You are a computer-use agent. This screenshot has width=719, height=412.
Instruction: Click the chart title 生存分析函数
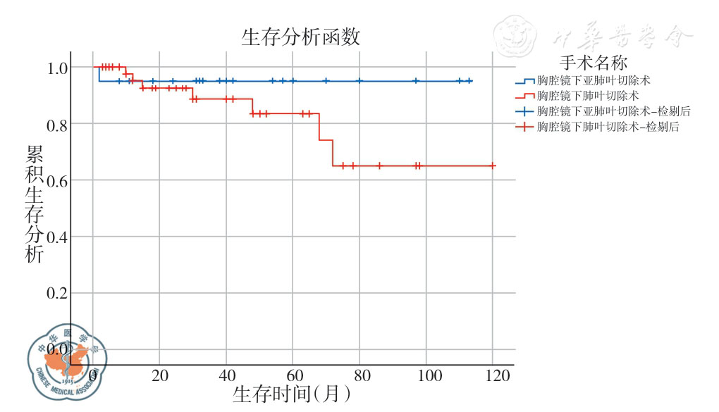click(x=305, y=37)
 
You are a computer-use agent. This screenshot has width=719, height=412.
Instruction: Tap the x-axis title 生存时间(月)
click(x=291, y=393)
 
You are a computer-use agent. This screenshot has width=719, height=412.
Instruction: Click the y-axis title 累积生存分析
click(x=35, y=204)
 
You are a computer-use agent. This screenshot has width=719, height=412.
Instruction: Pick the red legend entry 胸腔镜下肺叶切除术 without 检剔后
click(x=588, y=96)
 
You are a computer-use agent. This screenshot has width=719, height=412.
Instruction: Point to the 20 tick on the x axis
click(x=160, y=375)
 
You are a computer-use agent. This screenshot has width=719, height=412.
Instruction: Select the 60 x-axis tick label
click(x=293, y=375)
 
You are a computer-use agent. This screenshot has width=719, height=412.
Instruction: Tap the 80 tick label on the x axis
click(x=360, y=375)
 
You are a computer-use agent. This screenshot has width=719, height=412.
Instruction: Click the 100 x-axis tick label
click(x=426, y=375)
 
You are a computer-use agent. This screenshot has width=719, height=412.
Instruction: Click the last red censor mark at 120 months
click(x=493, y=166)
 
